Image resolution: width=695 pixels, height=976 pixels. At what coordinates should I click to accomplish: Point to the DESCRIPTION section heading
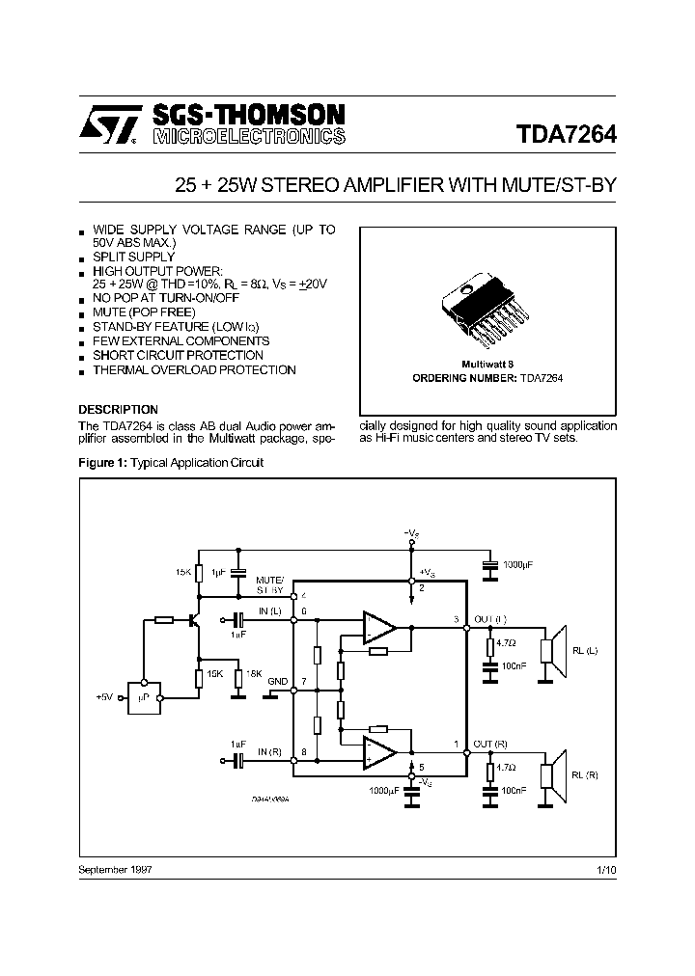point(118,410)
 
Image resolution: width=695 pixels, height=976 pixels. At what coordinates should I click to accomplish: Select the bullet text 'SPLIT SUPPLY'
point(133,258)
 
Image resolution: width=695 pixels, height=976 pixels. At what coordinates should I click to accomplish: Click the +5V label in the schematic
point(105,696)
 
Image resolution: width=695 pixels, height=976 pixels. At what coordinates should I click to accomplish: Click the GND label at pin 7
point(278,682)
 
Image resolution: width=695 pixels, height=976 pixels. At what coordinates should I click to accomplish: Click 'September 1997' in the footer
point(115,870)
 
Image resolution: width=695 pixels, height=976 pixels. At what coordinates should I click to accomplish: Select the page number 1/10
point(606,870)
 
